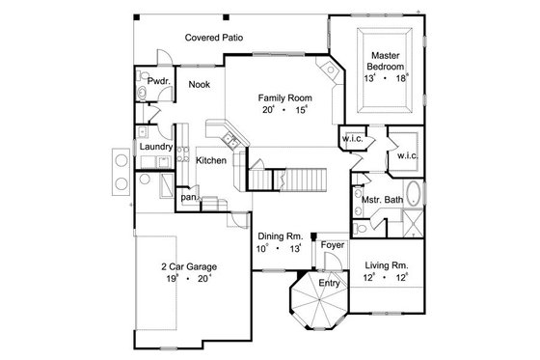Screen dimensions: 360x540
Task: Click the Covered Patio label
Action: (x=213, y=38)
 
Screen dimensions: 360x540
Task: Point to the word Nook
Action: (x=199, y=84)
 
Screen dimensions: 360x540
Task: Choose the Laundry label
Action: (x=155, y=146)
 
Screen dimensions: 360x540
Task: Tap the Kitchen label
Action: (x=211, y=159)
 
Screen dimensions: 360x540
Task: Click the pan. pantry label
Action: (x=188, y=198)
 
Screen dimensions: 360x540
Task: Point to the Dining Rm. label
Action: (x=281, y=236)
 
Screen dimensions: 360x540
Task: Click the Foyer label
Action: (x=334, y=243)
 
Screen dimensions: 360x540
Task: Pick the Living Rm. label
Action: (x=384, y=264)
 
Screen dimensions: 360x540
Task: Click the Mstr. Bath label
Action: (x=381, y=200)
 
